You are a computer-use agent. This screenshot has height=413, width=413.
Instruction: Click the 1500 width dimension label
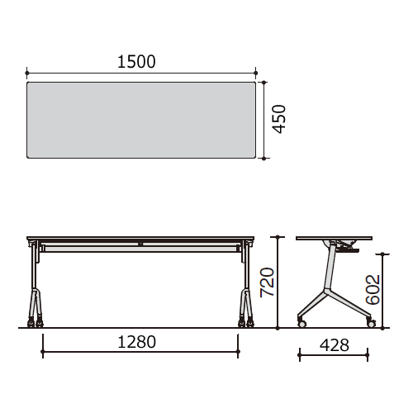[x=136, y=62]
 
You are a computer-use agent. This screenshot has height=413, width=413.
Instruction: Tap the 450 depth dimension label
[x=279, y=119]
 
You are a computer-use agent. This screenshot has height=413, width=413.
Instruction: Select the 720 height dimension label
[x=268, y=282]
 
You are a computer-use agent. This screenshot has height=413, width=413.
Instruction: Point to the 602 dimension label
[x=373, y=289]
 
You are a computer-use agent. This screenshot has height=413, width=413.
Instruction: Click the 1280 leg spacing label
[x=136, y=342]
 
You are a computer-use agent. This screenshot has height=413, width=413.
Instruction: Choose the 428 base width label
[x=335, y=345]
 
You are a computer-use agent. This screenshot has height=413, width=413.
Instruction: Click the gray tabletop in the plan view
[x=141, y=120]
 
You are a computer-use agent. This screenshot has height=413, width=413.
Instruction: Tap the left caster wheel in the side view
[x=301, y=324]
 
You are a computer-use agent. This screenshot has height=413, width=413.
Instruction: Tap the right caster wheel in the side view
[x=372, y=324]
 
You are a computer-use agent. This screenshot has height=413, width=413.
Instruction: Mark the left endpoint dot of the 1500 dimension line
[x=26, y=73]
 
